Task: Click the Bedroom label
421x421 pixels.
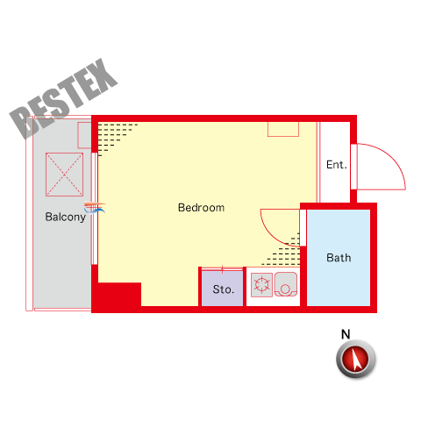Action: [201, 208]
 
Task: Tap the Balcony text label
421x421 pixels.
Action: [66, 217]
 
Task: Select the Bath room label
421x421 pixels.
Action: [339, 258]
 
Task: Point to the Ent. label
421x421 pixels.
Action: [337, 165]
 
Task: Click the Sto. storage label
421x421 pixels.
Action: [224, 289]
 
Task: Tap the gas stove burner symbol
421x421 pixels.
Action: [261, 285]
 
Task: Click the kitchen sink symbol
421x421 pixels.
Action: [286, 284]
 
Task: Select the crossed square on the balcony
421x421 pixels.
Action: [64, 175]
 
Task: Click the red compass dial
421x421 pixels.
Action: [355, 359]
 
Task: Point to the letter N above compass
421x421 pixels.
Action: [346, 334]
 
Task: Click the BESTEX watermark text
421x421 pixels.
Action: [63, 98]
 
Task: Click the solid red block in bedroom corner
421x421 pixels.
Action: [117, 295]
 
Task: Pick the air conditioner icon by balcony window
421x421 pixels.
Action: [95, 207]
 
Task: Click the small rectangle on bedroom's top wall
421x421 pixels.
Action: [283, 129]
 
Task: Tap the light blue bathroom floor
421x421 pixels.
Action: [339, 258]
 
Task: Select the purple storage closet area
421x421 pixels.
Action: [223, 289]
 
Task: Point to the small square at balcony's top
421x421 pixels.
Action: [84, 135]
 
